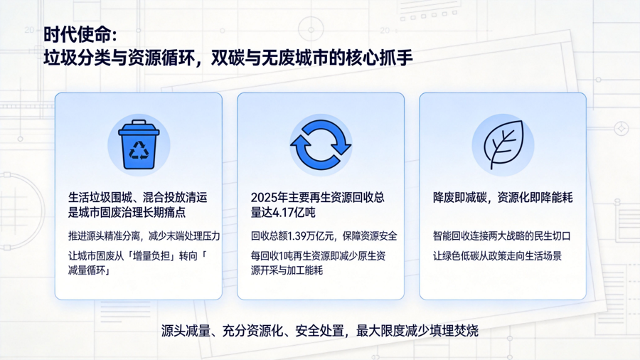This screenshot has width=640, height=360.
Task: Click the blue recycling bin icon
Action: coord(139,144)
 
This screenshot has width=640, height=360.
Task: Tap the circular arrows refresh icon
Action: coord(321,144)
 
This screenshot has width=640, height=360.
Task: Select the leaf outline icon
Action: coord(503,144)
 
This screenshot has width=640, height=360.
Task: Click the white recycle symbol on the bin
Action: coord(139,150)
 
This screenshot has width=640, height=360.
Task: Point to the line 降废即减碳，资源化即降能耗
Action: coord(503,198)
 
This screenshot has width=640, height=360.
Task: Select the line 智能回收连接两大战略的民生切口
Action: coord(501,236)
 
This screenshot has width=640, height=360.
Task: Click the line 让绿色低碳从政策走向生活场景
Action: coord(497,256)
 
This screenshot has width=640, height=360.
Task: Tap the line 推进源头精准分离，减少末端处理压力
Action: coord(144,236)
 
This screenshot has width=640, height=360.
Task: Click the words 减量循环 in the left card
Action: coord(87,270)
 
